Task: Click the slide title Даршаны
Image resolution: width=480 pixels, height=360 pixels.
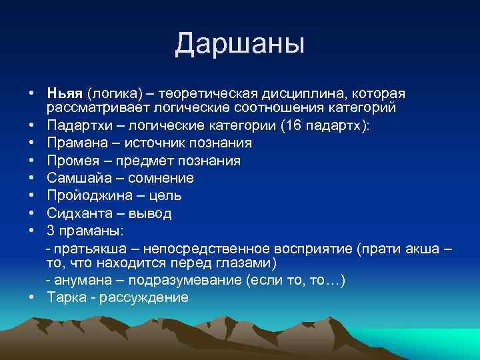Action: point(240,44)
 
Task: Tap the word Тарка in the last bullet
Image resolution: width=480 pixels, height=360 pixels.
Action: point(65,297)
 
